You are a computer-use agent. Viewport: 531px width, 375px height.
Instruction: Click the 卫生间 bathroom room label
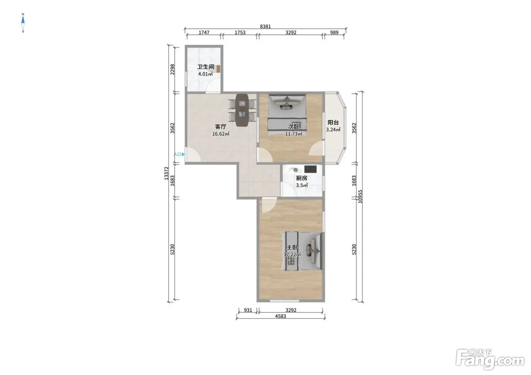click(x=206, y=67)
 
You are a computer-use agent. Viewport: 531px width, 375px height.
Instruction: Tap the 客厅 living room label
click(x=220, y=127)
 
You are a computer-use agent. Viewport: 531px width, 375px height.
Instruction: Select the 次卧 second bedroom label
click(x=294, y=127)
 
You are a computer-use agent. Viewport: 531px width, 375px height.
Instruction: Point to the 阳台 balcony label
click(x=333, y=122)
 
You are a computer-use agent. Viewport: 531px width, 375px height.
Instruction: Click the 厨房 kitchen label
click(x=302, y=178)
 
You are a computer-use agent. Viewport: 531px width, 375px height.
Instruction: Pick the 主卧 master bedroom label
click(x=292, y=247)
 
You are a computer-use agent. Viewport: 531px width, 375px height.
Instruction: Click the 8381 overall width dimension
click(x=265, y=26)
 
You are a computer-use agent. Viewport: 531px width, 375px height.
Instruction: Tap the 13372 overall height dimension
click(x=167, y=173)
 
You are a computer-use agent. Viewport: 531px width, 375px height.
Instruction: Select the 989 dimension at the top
click(x=334, y=33)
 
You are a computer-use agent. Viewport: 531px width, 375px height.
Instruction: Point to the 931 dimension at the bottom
click(x=248, y=310)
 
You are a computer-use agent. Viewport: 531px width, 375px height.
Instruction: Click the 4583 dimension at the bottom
click(x=280, y=316)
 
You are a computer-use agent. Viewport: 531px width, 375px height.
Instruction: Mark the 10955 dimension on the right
click(x=360, y=197)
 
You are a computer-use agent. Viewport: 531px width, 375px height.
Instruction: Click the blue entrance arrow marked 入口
click(x=183, y=155)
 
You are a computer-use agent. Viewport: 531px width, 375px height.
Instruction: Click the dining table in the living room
click(x=242, y=110)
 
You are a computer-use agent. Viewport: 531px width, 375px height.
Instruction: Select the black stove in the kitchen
click(x=310, y=169)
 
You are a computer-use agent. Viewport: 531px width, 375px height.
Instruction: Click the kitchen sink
click(x=295, y=170)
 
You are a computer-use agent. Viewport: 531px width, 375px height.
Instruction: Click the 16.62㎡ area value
click(x=221, y=134)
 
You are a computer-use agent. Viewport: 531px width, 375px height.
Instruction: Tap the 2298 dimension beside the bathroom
click(x=173, y=69)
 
